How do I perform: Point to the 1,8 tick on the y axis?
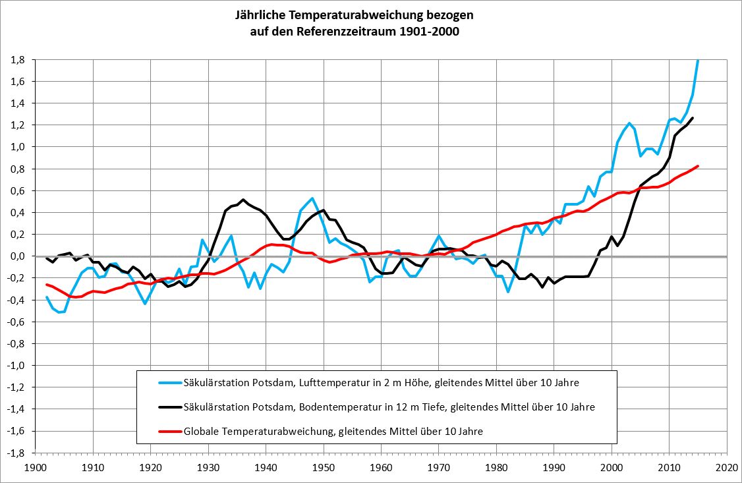(x=18, y=59)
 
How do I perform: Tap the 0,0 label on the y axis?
(x=18, y=256)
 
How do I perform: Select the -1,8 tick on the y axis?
(x=16, y=453)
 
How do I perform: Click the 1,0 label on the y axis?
(x=18, y=147)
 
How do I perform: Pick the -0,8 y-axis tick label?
(x=16, y=344)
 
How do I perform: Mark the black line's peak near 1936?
(x=243, y=199)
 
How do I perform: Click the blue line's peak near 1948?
(x=312, y=198)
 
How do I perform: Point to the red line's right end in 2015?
(x=697, y=166)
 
